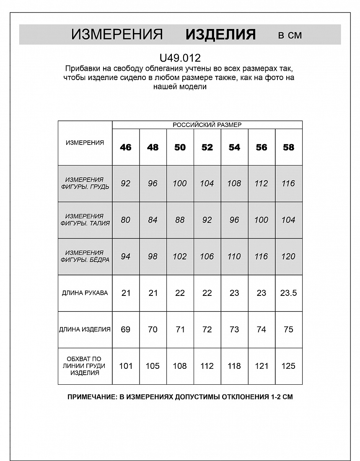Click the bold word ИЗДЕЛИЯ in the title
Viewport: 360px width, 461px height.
[220, 34]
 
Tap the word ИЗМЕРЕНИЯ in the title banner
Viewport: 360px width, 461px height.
[117, 34]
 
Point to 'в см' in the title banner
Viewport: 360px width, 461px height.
[290, 35]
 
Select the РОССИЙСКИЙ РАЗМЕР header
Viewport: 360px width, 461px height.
[207, 125]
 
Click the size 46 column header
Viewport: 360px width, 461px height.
[126, 147]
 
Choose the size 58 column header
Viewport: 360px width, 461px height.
[289, 147]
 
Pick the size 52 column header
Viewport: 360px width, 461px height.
[207, 147]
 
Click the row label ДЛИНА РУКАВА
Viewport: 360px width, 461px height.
[85, 293]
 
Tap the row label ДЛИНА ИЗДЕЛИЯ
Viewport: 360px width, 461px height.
[85, 329]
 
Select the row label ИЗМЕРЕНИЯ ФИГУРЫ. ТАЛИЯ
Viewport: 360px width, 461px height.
[85, 220]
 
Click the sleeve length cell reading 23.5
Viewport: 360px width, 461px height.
[289, 293]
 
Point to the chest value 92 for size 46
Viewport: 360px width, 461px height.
[126, 183]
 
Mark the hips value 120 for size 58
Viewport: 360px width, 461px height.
[289, 256]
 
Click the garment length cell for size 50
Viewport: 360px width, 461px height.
[180, 329]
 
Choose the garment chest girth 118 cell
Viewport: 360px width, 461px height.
[234, 366]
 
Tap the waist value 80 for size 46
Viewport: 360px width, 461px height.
[126, 220]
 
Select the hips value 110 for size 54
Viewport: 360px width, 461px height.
[234, 256]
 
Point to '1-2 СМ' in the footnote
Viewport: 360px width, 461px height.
[282, 397]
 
